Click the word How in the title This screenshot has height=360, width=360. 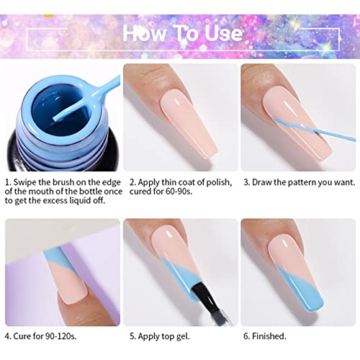pos(144,33)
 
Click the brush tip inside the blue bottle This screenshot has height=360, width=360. pos(55,118)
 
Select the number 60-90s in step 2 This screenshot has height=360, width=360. pos(179,192)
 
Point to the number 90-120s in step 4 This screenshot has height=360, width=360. pos(60,336)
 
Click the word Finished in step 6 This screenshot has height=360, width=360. pos(269,336)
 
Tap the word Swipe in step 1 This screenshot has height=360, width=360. pos(24,183)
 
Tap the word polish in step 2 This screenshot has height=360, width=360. pos(219,183)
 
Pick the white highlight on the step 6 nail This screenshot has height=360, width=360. pos(287,243)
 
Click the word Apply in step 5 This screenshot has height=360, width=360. pos(148,336)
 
